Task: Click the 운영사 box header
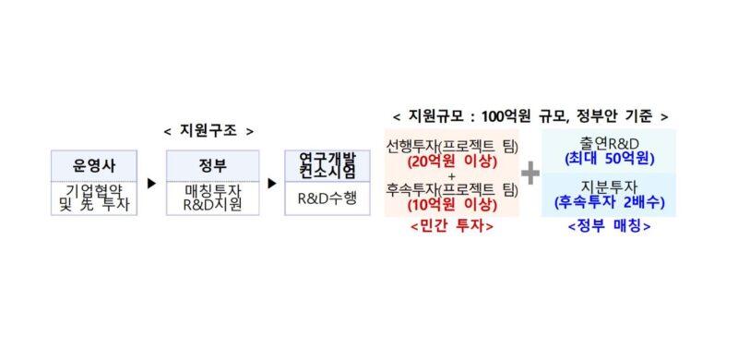tap(93, 166)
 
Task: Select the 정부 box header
tap(208, 166)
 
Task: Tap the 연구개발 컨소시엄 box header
tap(322, 166)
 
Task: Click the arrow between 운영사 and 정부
tap(151, 183)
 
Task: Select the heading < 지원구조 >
tap(208, 132)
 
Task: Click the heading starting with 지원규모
tap(530, 116)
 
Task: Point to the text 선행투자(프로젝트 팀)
tap(452, 145)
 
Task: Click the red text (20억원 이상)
tap(452, 161)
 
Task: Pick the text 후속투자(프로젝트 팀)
tap(452, 189)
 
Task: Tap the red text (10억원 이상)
tap(452, 205)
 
